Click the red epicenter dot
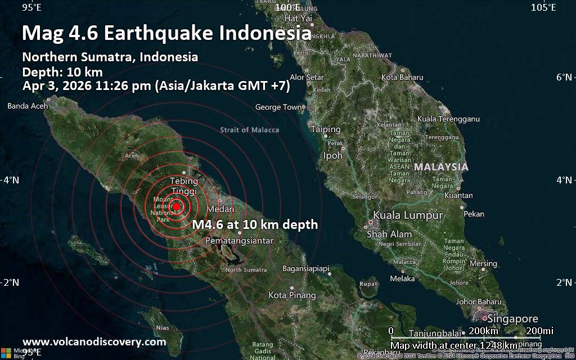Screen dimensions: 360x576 [176, 207]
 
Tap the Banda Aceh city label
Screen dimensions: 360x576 [26, 106]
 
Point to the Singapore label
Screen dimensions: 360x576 [512, 319]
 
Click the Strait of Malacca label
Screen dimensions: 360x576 [249, 130]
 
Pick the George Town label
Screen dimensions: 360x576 [278, 107]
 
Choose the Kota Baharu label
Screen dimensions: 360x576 [402, 77]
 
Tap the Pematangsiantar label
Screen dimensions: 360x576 [240, 241]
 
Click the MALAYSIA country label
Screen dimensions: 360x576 [441, 167]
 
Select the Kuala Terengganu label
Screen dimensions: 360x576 [448, 119]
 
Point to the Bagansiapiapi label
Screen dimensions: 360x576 [305, 269]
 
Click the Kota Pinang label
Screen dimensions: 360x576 [292, 295]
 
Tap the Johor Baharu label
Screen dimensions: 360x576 [479, 301]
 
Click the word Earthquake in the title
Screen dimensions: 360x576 [157, 33]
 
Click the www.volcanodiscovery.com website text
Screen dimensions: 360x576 [94, 341]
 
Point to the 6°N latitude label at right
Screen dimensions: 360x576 [564, 77]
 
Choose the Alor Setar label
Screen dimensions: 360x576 [307, 77]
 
